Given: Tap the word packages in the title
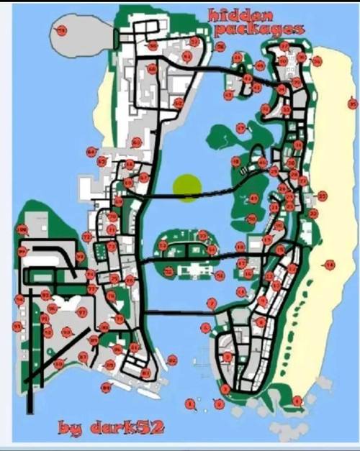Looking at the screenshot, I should pos(258,29).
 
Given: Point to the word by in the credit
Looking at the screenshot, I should pos(70,429).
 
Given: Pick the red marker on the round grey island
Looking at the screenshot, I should pos(61,31).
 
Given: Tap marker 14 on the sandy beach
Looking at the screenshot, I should pos(330,265).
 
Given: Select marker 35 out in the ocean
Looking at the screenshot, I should pos(351,104).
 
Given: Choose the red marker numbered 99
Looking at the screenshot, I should pos(22,252).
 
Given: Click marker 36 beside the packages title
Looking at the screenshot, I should pos(220,47).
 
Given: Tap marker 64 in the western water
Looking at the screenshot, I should pos(91,152).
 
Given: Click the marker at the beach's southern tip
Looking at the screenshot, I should pos(297,401).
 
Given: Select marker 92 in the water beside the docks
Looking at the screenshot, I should pos(171,360).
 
